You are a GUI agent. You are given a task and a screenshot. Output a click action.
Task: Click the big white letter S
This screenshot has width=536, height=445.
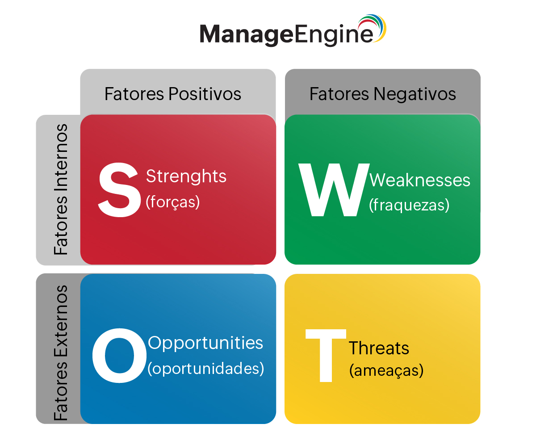pos(120,189)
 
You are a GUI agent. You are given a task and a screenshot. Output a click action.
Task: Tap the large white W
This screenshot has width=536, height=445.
pos(334,189)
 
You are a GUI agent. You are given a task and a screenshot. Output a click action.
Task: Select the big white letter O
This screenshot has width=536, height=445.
pos(119,356)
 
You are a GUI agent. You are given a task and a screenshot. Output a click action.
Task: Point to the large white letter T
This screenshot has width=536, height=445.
pos(326,356)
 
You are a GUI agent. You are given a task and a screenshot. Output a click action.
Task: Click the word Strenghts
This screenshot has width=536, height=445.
pos(186,176)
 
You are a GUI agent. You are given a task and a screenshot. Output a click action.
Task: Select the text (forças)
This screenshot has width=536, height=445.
pos(172,202)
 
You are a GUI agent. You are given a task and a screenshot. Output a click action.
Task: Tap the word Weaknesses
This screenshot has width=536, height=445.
pos(420,180)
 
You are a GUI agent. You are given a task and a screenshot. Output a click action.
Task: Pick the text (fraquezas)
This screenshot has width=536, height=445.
pos(409,205)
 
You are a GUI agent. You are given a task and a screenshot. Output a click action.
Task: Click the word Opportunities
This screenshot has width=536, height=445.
pos(205,343)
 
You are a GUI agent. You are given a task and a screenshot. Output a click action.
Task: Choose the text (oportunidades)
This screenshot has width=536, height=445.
pos(205,369)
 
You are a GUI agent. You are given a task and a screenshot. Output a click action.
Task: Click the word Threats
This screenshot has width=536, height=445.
pos(379,348)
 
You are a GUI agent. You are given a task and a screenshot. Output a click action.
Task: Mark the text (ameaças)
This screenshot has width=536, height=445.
pos(386,370)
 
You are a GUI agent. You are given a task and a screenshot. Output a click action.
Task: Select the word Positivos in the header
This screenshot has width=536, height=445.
pos(205,94)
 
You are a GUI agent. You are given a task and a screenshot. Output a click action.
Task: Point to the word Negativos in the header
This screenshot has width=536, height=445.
pos(415,94)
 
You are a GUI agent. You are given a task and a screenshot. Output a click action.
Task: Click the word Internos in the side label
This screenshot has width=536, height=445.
pos(61,157)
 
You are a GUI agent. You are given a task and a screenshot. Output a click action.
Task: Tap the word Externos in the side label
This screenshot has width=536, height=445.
pos(61,321)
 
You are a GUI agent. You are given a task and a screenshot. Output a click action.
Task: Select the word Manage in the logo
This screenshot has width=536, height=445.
pos(247,34)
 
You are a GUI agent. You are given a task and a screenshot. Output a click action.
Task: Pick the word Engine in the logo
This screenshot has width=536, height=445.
pos(334,34)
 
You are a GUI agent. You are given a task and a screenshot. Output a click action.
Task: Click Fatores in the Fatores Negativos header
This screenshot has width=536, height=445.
pos(339,94)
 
